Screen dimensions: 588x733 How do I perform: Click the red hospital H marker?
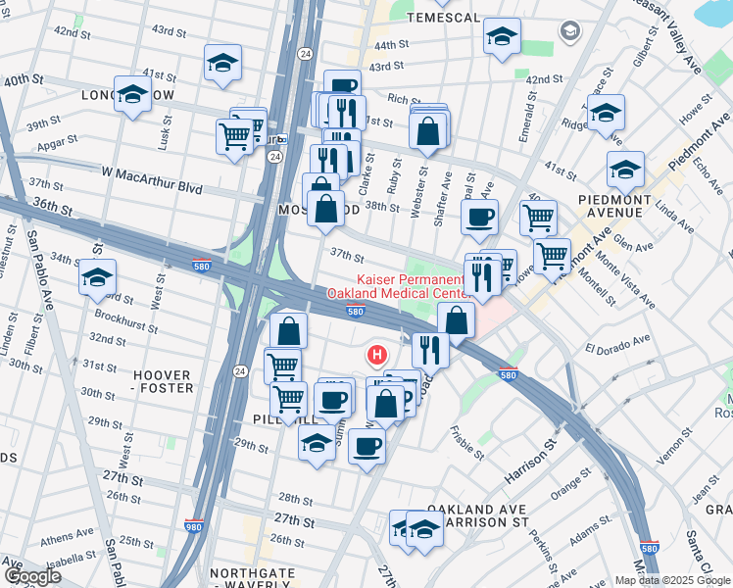374,354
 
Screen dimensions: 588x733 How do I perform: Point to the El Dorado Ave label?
617,344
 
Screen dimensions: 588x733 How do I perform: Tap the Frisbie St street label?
466,442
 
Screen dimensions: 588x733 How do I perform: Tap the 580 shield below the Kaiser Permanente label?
357,312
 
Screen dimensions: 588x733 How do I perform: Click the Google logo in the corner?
33,575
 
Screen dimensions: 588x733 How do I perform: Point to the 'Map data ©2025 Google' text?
671,580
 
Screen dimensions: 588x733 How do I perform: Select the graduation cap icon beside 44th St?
502,38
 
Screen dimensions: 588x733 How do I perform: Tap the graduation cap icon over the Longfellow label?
132,95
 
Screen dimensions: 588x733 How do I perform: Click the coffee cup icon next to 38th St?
479,218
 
